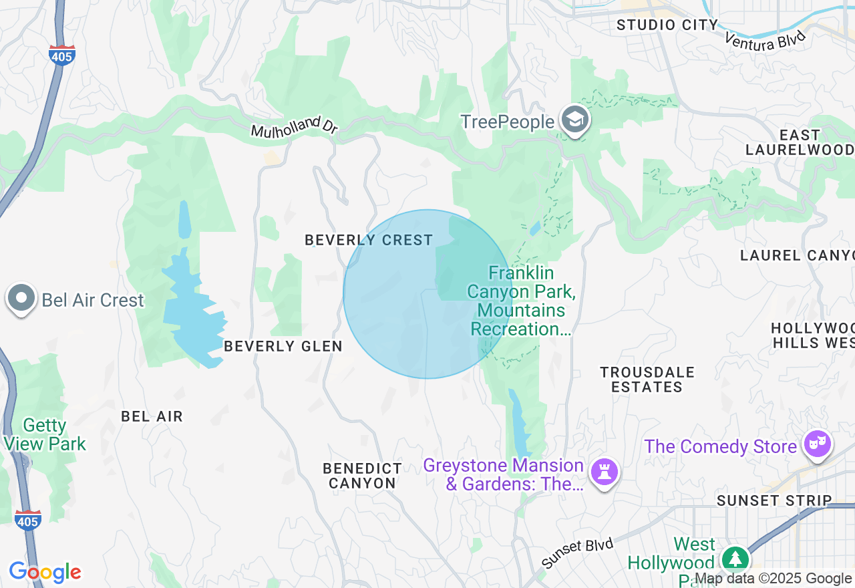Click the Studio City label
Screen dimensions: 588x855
(667, 25)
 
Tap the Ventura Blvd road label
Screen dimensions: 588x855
(765, 39)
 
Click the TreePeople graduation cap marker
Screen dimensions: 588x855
(574, 120)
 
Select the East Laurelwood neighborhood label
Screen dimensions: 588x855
(799, 142)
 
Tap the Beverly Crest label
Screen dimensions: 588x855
(369, 240)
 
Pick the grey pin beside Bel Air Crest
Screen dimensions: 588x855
(21, 298)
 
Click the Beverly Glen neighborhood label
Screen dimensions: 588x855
(283, 346)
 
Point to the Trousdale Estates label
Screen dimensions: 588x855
(647, 380)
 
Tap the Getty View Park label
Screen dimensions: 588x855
(45, 434)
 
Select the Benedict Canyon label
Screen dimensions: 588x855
(362, 476)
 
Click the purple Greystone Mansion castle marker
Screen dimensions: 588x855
(605, 472)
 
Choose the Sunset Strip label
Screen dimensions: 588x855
(774, 500)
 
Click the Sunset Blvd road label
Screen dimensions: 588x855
(577, 554)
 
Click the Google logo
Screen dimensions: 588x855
(45, 573)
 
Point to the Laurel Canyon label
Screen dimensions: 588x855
(797, 255)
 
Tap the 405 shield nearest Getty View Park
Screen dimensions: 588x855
(27, 519)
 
